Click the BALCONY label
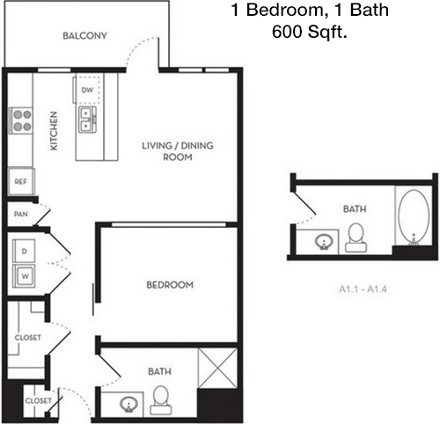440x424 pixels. coord(84,36)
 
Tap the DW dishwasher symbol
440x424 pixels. coord(87,90)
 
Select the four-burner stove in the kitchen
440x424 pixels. coord(21,121)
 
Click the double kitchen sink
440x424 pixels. coord(87,120)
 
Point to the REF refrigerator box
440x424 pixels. coord(21,181)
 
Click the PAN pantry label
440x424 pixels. coord(21,214)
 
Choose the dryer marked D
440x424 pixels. coord(24,251)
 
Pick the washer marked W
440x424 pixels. coord(24,276)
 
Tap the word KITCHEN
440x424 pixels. coord(54,130)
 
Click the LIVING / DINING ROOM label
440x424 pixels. coord(178,151)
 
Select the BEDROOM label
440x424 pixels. coord(170,285)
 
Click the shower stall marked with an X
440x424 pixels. coord(217,369)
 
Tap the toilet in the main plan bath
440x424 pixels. coord(160,400)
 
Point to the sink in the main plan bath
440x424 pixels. coord(128,405)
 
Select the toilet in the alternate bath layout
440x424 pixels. coord(356,238)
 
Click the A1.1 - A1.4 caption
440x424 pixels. coord(363,289)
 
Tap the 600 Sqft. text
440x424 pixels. coord(310,32)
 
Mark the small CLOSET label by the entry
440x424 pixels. coord(38,400)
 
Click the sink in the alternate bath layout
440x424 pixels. coord(324,242)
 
